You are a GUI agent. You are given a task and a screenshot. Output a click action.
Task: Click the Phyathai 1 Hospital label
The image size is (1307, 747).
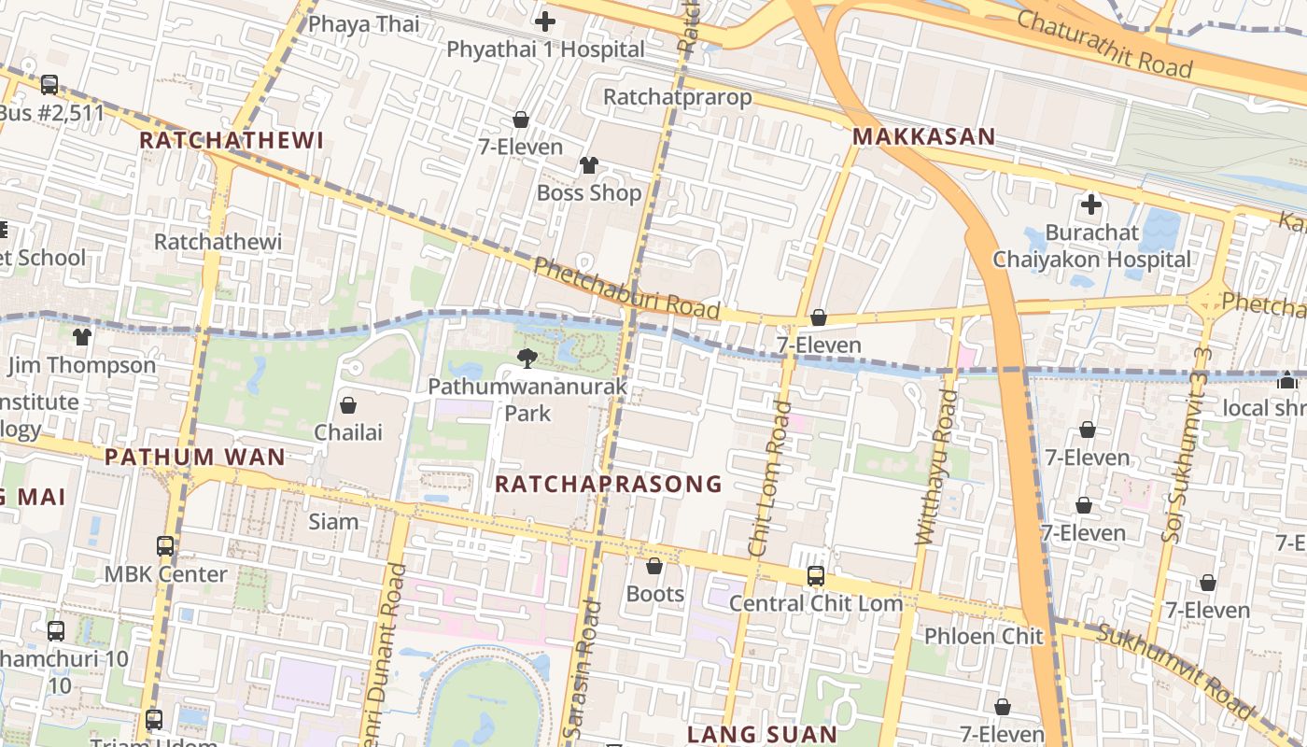[x=545, y=49]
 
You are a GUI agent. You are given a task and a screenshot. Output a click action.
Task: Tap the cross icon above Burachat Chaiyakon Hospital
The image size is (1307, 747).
[x=1090, y=204]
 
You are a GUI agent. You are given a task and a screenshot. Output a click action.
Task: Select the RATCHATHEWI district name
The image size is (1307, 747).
[x=231, y=141]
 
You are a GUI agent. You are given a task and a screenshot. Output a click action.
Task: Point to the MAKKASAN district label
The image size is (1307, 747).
[x=923, y=136]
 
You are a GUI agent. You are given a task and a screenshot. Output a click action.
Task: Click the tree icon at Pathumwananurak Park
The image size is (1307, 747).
[x=527, y=358]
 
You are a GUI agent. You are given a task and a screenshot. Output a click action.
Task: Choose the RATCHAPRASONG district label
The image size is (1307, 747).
[x=608, y=484]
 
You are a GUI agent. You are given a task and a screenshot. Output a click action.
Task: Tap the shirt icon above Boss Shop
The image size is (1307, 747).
[x=589, y=165]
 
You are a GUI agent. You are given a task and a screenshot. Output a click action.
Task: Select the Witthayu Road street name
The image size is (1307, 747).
[x=937, y=467]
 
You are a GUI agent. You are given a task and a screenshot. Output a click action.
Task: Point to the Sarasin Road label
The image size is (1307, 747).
[x=582, y=670]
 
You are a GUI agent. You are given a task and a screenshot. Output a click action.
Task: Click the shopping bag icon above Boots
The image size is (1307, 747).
[x=654, y=566]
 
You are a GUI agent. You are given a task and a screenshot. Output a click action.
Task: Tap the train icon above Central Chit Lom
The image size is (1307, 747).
[x=815, y=576]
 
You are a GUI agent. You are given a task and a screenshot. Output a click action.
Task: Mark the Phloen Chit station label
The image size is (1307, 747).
[x=983, y=637]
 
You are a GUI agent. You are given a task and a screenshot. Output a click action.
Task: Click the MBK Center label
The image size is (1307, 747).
[x=165, y=574]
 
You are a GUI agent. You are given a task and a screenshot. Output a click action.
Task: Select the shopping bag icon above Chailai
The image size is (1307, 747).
[x=348, y=405]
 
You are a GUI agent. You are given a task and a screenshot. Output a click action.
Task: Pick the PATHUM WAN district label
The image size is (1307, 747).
[x=194, y=458]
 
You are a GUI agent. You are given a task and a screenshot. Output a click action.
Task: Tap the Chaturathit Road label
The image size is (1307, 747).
[x=1103, y=43]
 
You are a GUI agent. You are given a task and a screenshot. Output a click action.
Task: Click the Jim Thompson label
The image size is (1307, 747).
[x=81, y=365]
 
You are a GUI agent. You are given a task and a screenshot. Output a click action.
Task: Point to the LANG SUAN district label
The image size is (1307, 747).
[x=762, y=735]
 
